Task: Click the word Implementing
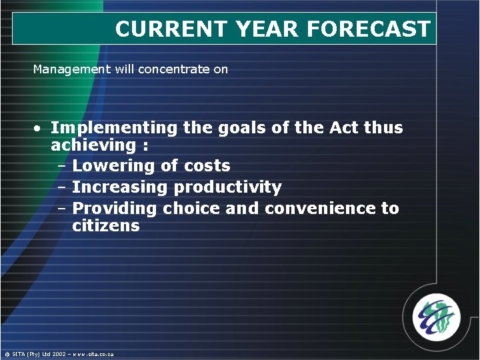coord(114,127)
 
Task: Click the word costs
coord(207,166)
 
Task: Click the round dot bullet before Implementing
coord(40,128)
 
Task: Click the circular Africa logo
coord(435,317)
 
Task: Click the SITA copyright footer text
coord(59,354)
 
